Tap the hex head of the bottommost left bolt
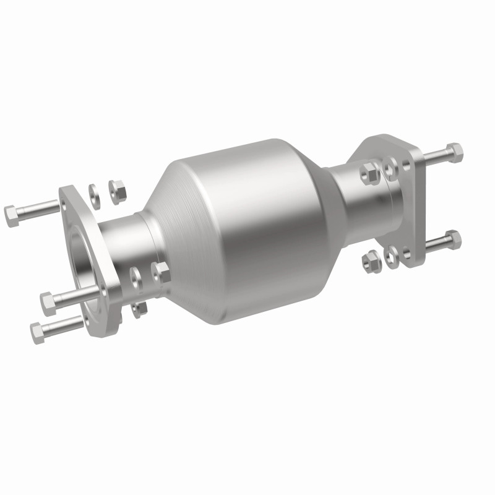coord(37,333)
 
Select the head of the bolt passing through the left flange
coord(49,303)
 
